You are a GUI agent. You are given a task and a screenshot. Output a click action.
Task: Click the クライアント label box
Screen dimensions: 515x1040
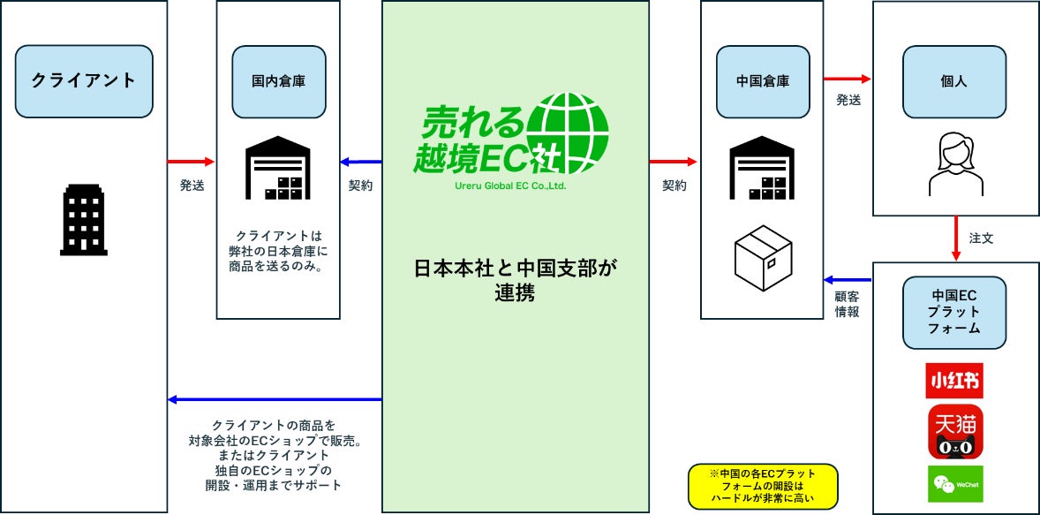click(84, 81)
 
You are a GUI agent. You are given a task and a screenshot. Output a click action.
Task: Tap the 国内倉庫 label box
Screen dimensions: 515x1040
click(278, 81)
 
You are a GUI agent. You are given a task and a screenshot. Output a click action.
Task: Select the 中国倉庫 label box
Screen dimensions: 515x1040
click(763, 81)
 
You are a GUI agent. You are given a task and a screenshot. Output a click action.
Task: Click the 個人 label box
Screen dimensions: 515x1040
click(954, 81)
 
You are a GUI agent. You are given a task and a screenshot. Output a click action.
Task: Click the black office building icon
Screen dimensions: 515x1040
click(83, 220)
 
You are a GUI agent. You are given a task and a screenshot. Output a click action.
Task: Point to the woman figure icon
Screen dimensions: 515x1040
click(954, 164)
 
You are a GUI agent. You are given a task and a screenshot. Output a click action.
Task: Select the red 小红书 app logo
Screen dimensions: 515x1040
click(954, 381)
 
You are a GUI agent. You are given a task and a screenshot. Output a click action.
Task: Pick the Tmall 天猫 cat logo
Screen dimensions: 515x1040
click(954, 432)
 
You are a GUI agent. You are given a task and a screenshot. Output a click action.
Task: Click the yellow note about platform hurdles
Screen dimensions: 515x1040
click(762, 487)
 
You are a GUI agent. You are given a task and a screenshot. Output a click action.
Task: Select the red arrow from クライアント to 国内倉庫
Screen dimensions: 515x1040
click(191, 162)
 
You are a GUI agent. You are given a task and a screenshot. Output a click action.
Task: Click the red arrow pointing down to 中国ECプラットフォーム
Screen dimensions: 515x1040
click(954, 238)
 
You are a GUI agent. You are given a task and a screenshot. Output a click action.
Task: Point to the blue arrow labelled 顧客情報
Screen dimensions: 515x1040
click(848, 280)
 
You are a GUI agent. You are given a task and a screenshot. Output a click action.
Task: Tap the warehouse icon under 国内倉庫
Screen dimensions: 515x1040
click(278, 169)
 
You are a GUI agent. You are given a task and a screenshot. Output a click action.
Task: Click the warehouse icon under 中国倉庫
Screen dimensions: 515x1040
click(763, 169)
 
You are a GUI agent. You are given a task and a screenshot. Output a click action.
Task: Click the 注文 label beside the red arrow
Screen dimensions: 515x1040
click(982, 239)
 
